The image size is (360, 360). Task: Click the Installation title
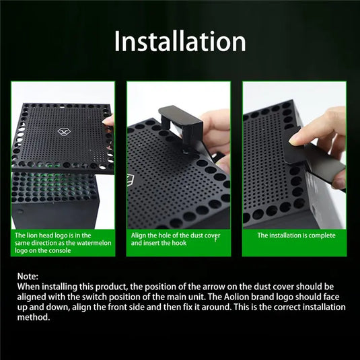[x=180, y=41]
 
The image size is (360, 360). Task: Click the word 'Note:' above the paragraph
[x=29, y=277]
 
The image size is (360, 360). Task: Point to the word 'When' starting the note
[x=30, y=287]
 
